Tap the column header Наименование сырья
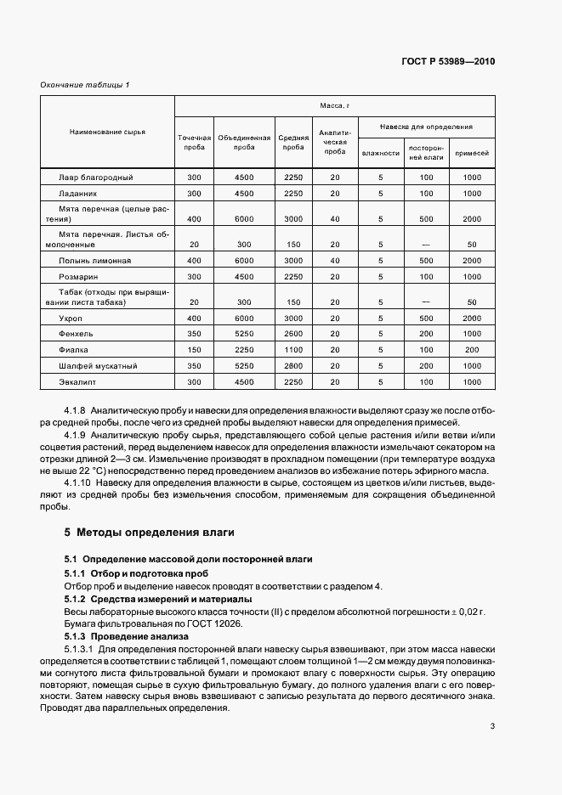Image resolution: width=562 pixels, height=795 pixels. [x=107, y=132]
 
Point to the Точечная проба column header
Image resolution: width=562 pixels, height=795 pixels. [x=194, y=142]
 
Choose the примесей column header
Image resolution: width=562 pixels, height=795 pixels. [x=471, y=153]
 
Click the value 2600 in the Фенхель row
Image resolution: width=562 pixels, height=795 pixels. [x=293, y=334]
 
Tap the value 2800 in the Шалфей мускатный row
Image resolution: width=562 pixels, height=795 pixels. [x=293, y=366]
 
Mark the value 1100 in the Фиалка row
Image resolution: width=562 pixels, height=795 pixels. [x=293, y=350]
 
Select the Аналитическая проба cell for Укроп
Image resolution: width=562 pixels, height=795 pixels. [x=335, y=317]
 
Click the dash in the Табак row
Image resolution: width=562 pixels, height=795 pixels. [x=426, y=302]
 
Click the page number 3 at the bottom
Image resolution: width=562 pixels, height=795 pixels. [x=492, y=725]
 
